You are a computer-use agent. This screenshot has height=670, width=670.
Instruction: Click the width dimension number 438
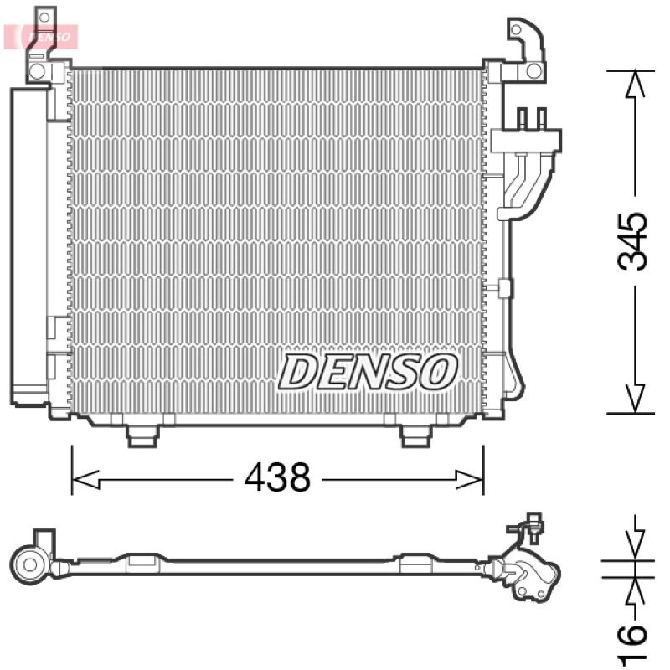277,477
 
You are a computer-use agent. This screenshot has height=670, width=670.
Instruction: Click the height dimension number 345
633,241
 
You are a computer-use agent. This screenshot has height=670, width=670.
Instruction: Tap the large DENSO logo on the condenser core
368,372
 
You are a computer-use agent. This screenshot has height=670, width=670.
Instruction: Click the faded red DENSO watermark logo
41,37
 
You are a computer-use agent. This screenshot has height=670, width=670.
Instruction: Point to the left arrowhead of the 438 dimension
85,479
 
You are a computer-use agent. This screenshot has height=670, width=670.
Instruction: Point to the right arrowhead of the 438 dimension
469,479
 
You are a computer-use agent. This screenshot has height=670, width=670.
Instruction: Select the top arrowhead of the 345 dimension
635,85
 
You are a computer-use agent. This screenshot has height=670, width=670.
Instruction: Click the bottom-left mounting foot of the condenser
142,435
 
